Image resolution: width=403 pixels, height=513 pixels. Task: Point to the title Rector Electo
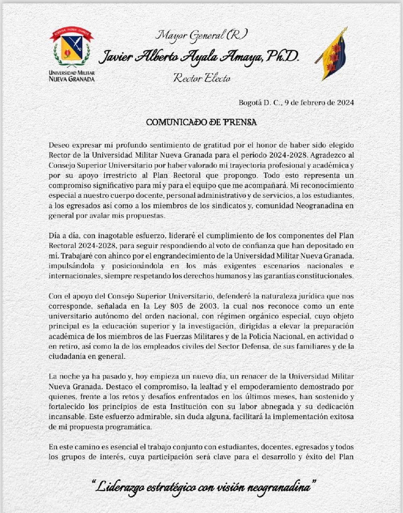point(202,78)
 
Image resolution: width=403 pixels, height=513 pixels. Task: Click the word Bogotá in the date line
point(250,102)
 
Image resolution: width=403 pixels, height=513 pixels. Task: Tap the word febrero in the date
point(313,102)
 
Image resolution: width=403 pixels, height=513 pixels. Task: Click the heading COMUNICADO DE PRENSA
point(201,122)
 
